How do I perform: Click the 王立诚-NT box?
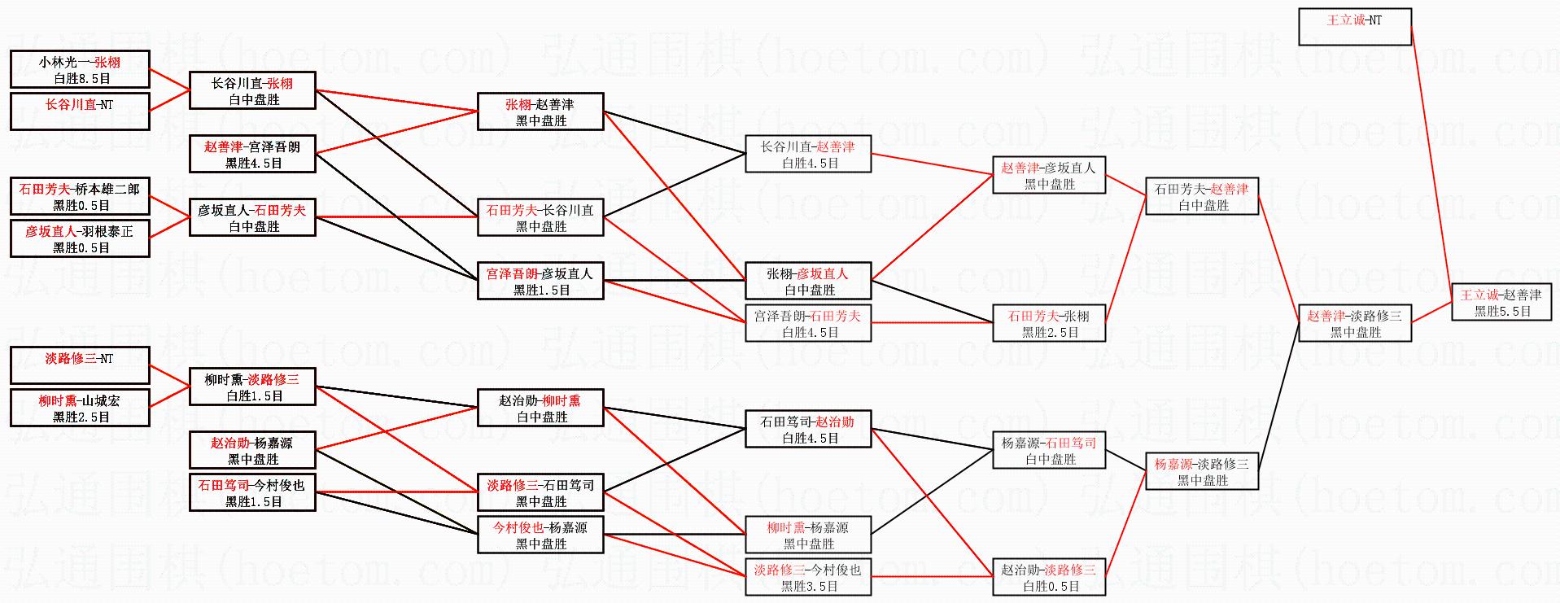coord(1354,26)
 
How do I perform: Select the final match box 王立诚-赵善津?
coord(1501,302)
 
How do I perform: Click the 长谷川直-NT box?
coord(80,111)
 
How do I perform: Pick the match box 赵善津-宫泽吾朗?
coord(252,155)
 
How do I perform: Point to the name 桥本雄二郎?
coord(107,189)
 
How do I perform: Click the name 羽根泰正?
coord(107,231)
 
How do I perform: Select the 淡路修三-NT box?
coord(80,365)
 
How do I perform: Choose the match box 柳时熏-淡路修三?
coord(252,387)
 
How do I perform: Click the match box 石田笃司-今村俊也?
coord(252,493)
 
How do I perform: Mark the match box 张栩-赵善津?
coord(540,112)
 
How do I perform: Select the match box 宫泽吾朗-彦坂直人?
coord(540,282)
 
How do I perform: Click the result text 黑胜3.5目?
coord(809,586)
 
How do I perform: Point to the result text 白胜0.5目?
coord(1050,586)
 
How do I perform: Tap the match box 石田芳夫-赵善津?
coord(1202,197)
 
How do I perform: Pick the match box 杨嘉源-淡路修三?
coord(1202,472)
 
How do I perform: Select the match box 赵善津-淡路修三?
coord(1354,323)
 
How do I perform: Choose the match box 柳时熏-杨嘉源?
coord(808,535)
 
